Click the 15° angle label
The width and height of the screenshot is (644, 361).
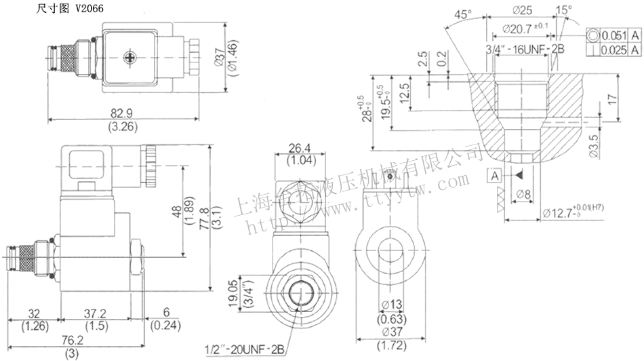[x=563, y=9]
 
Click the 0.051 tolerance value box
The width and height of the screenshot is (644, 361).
[x=612, y=35]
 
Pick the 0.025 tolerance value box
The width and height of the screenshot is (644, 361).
[x=612, y=50]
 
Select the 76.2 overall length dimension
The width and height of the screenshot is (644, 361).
[x=70, y=341]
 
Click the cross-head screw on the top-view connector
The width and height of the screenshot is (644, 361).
[x=129, y=56]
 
